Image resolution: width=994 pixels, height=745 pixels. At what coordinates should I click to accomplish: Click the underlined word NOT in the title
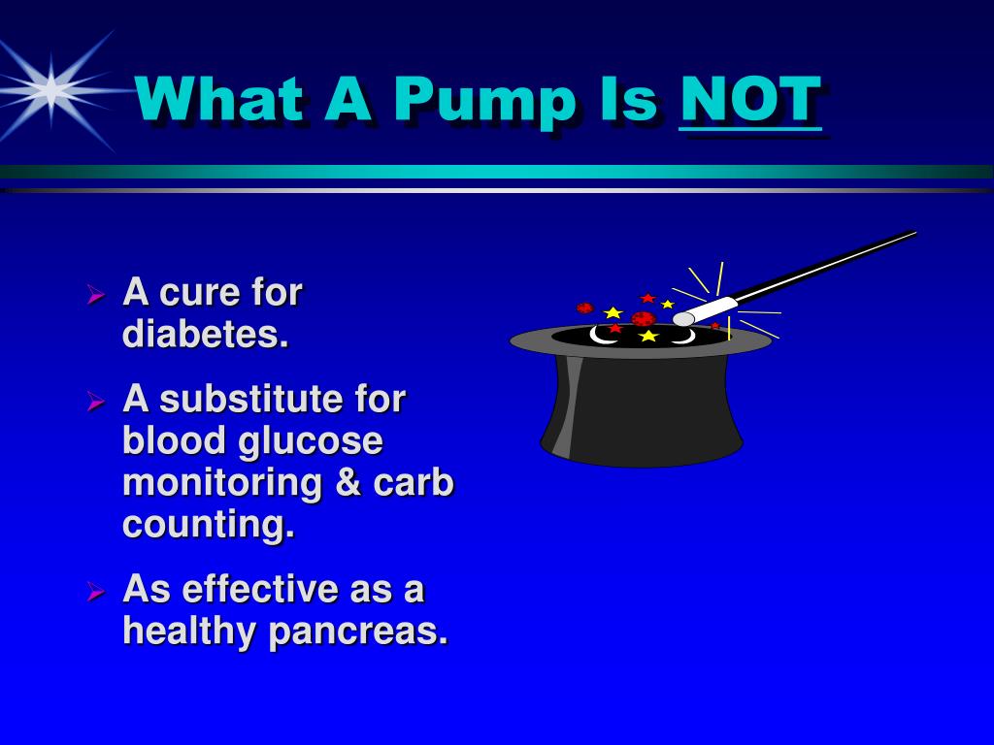(750, 100)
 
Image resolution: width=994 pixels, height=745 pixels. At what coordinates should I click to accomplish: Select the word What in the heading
(218, 98)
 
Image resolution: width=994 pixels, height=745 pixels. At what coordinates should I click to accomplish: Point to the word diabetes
(206, 333)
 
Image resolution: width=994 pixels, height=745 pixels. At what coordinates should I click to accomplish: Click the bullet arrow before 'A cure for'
(96, 294)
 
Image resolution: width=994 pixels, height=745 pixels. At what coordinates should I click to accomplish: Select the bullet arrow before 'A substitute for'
(96, 401)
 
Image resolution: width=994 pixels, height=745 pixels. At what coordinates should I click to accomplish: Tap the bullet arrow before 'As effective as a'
(96, 591)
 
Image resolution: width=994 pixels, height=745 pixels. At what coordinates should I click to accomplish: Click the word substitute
(251, 399)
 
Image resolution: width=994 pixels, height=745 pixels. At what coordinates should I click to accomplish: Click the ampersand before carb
(348, 483)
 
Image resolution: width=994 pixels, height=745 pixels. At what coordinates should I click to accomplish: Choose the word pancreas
(358, 632)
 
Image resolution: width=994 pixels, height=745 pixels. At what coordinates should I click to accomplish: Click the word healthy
(189, 631)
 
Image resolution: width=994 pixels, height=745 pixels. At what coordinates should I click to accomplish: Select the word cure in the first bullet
(198, 294)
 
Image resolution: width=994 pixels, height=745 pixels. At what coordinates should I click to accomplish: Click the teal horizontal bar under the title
(497, 171)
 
